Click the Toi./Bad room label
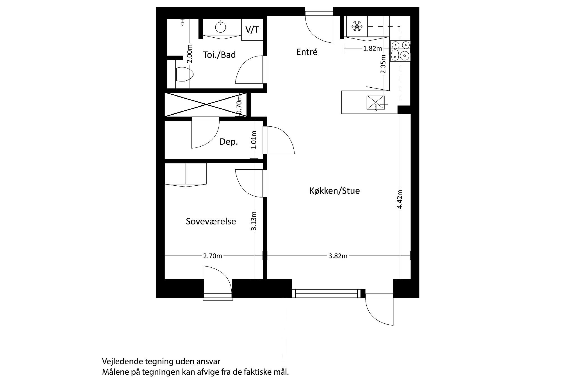click(x=219, y=55)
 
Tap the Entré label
click(x=307, y=52)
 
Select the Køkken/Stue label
click(x=334, y=191)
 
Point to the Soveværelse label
click(x=211, y=221)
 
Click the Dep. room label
click(x=229, y=142)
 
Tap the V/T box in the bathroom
click(x=252, y=30)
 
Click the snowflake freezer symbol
click(x=357, y=26)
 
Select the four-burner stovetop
click(x=400, y=51)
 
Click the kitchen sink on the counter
click(x=375, y=103)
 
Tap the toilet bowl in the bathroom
click(x=185, y=74)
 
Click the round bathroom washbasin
click(x=221, y=27)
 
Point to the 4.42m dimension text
click(x=400, y=199)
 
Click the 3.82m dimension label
click(x=338, y=256)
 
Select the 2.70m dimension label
click(x=213, y=256)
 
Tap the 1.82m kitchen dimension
click(x=372, y=48)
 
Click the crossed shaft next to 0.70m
click(x=207, y=104)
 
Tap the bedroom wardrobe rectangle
click(x=186, y=174)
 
